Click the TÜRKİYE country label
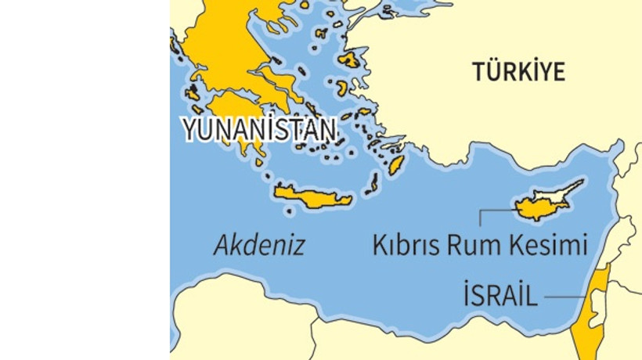pyautogui.click(x=518, y=72)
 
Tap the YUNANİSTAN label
pyautogui.click(x=261, y=130)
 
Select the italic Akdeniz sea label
pyautogui.click(x=259, y=246)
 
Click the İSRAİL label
pyautogui.click(x=500, y=297)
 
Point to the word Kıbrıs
pyautogui.click(x=407, y=246)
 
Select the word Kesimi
pyautogui.click(x=548, y=246)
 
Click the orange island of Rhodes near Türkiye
pyautogui.click(x=396, y=164)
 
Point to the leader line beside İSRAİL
pyautogui.click(x=564, y=297)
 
